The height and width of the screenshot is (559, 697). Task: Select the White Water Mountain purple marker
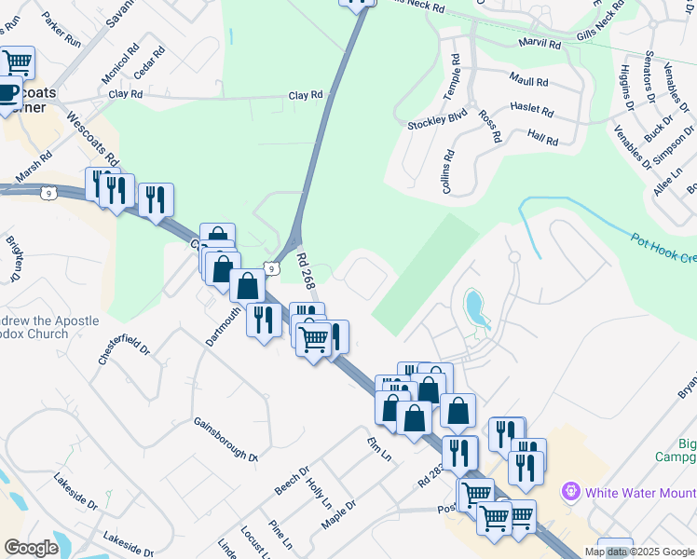(570, 490)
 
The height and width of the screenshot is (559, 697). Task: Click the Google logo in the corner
(31, 548)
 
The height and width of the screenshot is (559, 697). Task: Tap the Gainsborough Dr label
(225, 439)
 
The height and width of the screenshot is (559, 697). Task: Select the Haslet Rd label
(534, 110)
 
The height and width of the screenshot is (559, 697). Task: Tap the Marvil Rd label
(540, 44)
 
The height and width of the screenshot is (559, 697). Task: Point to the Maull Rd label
(528, 82)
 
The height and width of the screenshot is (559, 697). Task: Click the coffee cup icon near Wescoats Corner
(7, 93)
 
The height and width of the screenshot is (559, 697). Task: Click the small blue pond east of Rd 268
(474, 307)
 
